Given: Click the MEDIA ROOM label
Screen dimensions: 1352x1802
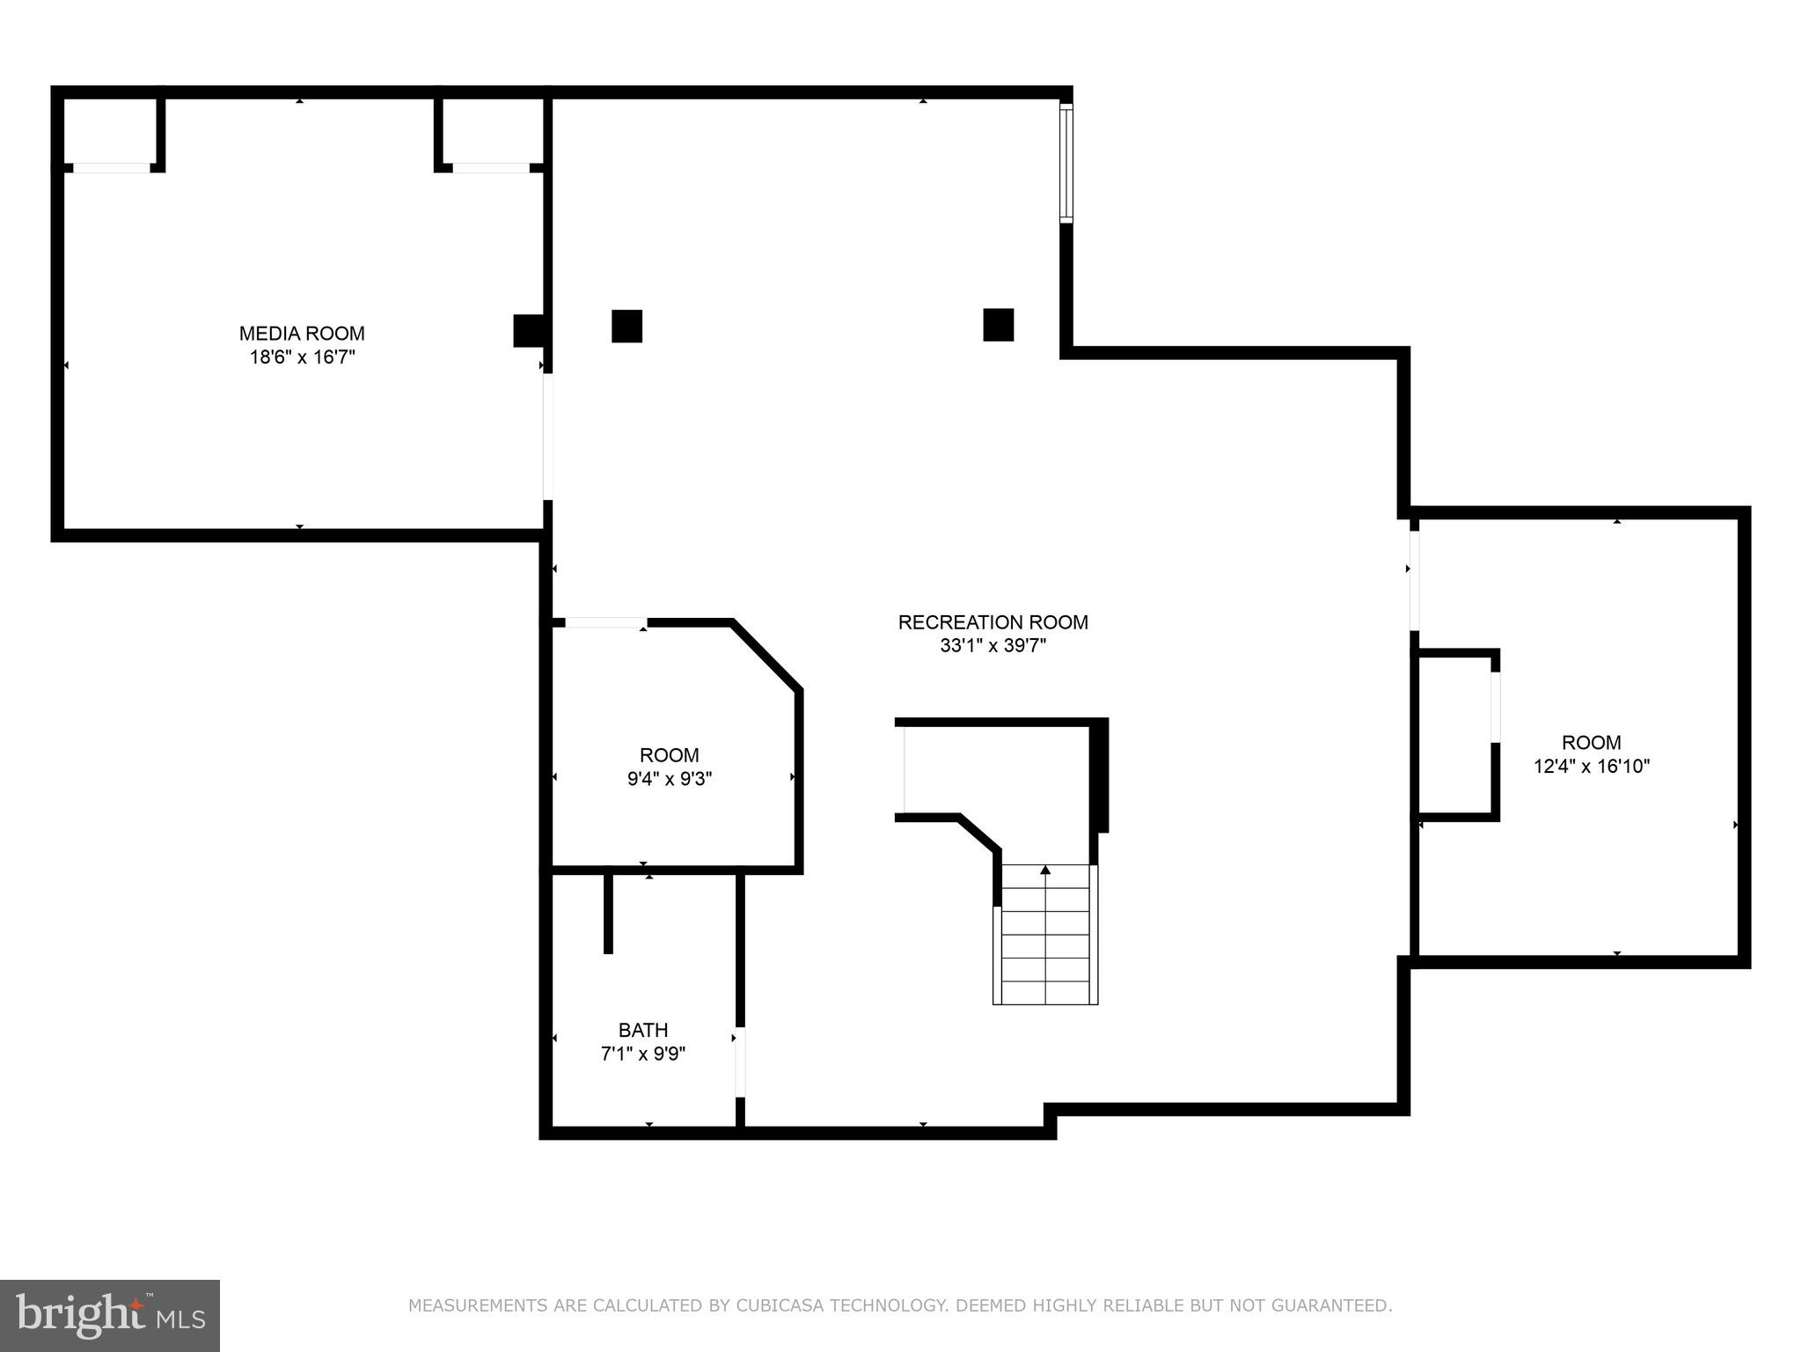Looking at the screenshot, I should click(302, 334).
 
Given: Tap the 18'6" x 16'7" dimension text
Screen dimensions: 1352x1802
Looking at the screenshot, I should click(302, 357).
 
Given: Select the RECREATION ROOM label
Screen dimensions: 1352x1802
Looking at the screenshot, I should click(993, 622).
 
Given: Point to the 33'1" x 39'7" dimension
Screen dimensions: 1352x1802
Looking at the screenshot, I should click(993, 646).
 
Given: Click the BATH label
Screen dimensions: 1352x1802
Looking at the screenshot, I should click(643, 1030).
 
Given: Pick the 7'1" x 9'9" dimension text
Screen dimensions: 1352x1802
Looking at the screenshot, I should click(643, 1054).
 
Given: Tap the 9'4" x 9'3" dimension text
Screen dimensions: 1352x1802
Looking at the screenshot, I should click(670, 779).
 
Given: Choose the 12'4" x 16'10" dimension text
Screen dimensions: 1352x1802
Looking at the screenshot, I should click(1592, 767).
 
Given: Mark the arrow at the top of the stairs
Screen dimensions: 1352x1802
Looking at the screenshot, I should click(1045, 871).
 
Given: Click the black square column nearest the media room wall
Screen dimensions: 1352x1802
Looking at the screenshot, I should click(626, 326).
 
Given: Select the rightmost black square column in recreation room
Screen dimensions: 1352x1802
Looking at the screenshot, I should click(998, 325).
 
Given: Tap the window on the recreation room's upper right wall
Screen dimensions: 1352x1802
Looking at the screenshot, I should click(1066, 163).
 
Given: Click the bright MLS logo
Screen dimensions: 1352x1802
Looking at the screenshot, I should click(109, 1316).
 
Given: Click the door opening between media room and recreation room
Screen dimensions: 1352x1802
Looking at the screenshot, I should click(547, 437).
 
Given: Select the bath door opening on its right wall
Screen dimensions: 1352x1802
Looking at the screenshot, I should click(740, 1062).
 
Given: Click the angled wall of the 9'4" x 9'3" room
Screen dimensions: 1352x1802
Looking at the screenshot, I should click(765, 655).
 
